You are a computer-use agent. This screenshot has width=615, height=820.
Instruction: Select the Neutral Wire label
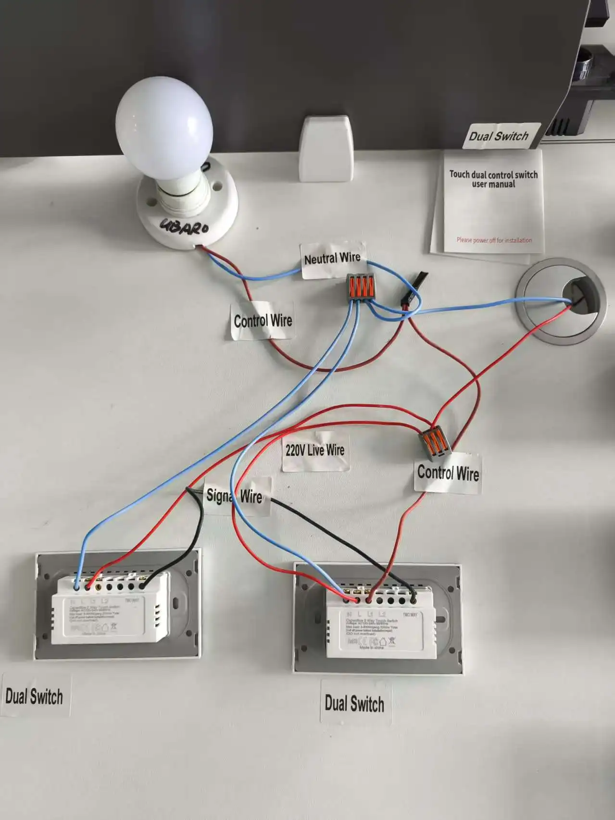coord(332,259)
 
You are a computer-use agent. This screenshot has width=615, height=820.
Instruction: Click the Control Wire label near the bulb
coord(263,320)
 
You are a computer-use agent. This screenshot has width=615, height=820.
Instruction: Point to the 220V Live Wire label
coord(315,450)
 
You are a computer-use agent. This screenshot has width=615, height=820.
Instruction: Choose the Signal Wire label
coord(235,496)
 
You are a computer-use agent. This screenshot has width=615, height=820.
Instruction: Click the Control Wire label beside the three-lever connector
coord(448,473)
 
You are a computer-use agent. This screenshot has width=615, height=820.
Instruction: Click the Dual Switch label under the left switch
coord(34,696)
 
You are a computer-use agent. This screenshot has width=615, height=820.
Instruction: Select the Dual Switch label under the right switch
coord(354,704)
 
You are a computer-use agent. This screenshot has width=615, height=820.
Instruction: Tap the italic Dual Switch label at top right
coord(499,136)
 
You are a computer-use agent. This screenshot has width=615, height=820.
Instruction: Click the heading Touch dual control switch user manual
coord(493,179)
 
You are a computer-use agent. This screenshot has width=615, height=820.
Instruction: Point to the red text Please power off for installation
coord(494,240)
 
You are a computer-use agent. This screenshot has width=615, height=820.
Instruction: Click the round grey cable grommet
coord(560,300)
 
